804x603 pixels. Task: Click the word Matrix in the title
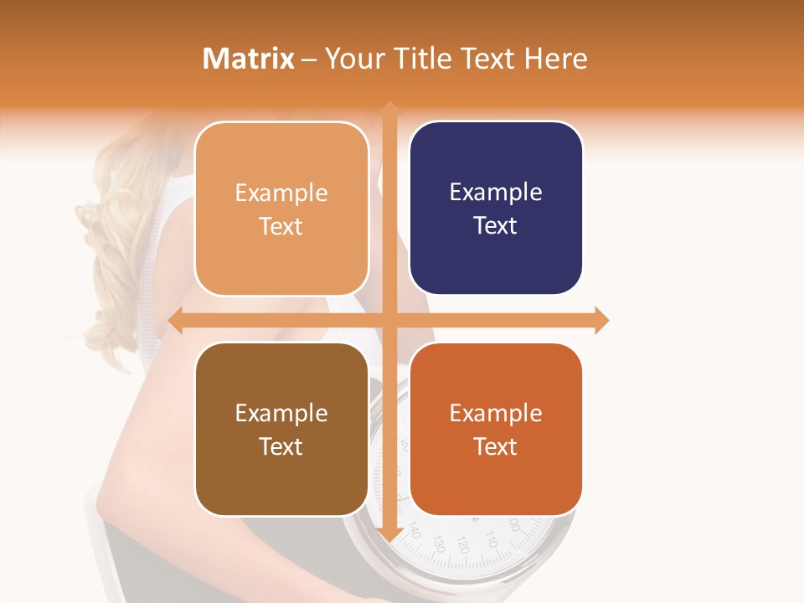pos(249,59)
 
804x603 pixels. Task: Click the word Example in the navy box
pos(496,193)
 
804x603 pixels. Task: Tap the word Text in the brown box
pos(281,446)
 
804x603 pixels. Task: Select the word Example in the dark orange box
pos(496,413)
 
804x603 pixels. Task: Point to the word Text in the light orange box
pos(281,226)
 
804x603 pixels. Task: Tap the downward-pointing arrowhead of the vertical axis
pos(389,534)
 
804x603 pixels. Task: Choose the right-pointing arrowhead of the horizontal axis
pos(601,320)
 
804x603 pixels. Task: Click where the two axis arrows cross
pos(389,320)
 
